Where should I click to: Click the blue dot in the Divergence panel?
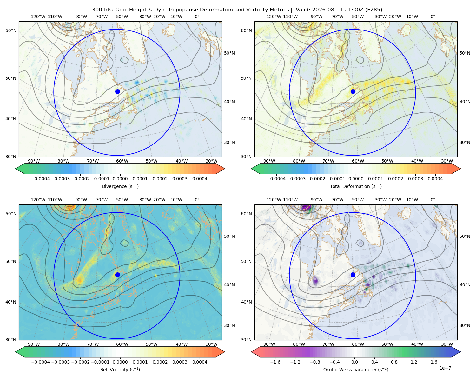117,91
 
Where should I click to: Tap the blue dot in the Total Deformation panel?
353,91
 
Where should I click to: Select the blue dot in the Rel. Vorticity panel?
117,275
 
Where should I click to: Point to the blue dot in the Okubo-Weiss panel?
353,275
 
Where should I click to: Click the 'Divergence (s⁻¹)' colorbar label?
120,186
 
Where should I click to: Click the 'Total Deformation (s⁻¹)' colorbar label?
356,186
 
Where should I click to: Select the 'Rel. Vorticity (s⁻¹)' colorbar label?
120,370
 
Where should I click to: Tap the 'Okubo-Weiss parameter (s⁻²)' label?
356,370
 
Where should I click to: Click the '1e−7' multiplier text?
445,368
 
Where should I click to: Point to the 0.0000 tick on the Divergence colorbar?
120,179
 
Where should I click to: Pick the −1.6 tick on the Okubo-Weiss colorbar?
275,362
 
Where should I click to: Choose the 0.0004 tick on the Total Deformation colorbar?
435,179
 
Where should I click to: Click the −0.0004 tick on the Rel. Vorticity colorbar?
41,362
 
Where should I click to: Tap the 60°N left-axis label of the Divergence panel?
11,30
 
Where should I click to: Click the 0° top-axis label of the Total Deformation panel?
433,17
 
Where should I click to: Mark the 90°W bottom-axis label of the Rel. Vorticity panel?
34,344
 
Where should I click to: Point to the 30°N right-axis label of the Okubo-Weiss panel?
465,325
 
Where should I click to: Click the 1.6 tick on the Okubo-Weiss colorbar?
434,362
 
